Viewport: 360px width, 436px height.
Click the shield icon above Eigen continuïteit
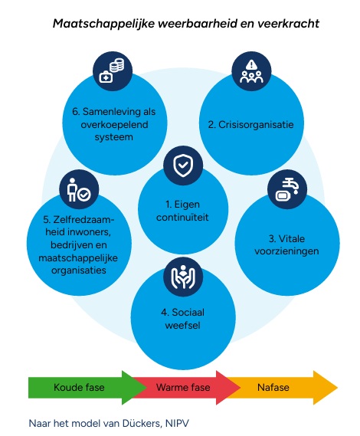point(183,166)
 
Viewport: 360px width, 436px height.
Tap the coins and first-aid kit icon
point(113,70)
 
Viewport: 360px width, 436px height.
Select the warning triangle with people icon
point(251,71)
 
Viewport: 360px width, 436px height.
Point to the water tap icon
point(287,189)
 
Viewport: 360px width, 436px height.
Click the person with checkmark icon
point(79,189)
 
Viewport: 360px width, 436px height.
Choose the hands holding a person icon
point(183,277)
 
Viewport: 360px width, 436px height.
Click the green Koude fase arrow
point(87,387)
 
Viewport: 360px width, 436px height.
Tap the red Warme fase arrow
point(185,387)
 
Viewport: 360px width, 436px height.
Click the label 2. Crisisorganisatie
point(250,125)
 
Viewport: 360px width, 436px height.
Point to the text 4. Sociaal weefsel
point(182,319)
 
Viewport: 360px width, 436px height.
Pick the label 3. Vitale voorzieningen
point(286,245)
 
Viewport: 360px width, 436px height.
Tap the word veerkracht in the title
point(288,24)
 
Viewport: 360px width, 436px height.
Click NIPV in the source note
point(177,424)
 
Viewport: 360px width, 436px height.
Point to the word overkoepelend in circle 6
point(114,125)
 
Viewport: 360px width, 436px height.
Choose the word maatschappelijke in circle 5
point(78,258)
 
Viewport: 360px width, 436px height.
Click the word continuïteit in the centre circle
point(182,217)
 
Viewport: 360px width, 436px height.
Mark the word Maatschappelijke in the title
point(103,24)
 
